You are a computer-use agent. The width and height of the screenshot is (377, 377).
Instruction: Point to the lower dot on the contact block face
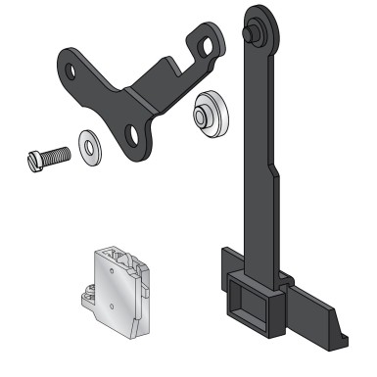[x=114, y=306]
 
